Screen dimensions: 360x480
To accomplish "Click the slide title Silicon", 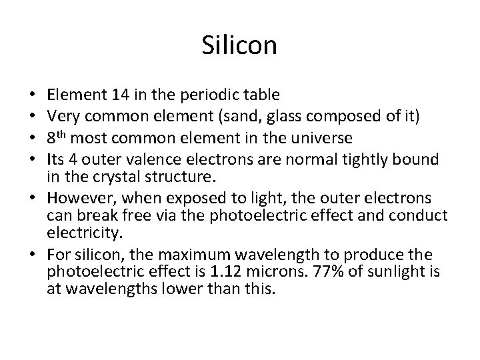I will tap(239, 47).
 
